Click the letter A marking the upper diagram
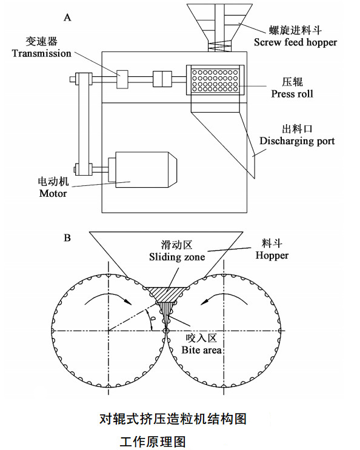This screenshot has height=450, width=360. click(68, 18)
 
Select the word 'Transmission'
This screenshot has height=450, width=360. click(41, 53)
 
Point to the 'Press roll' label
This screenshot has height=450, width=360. click(292, 94)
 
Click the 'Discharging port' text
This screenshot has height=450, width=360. click(297, 141)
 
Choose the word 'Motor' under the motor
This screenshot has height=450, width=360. click(53, 193)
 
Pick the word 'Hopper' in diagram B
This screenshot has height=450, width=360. click(272, 255)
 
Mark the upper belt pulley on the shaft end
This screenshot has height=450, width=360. click(81, 78)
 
